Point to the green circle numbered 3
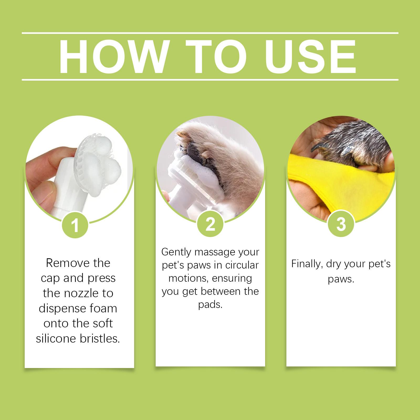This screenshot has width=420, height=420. point(341,224)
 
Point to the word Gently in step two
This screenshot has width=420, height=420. point(176,252)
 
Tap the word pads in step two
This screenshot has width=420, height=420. point(210,305)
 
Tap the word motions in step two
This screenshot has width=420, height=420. point(189,279)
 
